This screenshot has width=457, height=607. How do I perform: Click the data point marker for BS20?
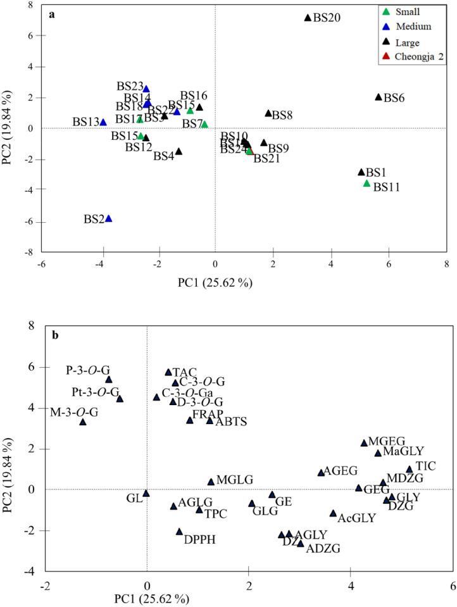pos(308,18)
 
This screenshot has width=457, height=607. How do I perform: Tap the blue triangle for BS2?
pos(108,218)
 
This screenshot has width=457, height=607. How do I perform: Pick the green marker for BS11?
pos(366,184)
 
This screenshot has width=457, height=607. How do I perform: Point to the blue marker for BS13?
pos(103,122)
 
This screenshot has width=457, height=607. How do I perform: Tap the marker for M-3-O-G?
pos(83,422)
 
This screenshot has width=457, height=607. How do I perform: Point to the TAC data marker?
pos(168,373)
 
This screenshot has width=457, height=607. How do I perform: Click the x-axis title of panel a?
pos(215,282)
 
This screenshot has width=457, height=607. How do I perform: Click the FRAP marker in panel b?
pos(190,420)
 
